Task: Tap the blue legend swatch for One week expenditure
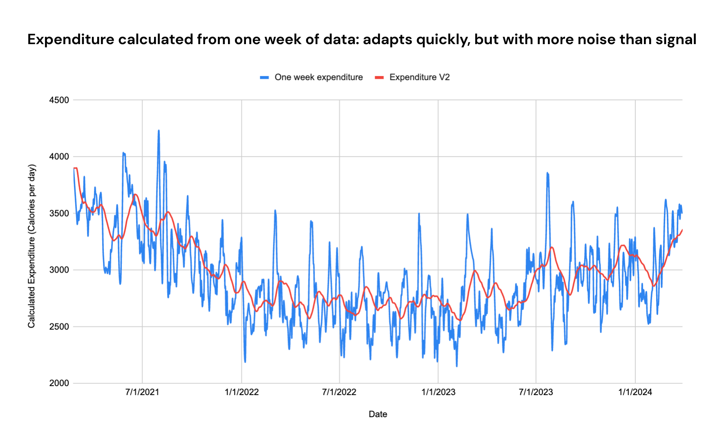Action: point(264,77)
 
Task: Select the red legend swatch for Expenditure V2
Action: point(380,77)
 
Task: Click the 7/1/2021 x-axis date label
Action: point(142,392)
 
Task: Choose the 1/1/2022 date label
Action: point(241,392)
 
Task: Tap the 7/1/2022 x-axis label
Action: point(339,392)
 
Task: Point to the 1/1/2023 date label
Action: point(438,392)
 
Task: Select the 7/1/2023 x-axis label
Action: point(536,392)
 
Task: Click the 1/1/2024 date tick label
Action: point(635,392)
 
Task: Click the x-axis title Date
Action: point(378,414)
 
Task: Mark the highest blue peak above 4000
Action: point(159,131)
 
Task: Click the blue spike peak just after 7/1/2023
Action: point(547,173)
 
